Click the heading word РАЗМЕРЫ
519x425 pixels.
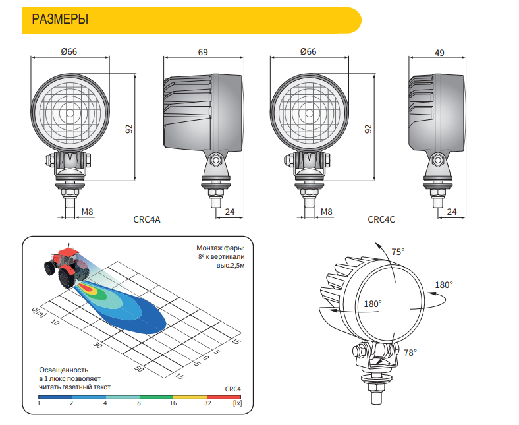tap(60, 19)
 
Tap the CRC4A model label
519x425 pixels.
tap(147, 219)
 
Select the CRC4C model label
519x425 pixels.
tap(381, 219)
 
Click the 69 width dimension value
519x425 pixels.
tap(203, 52)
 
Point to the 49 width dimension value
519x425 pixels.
tap(439, 53)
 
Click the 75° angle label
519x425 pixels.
tap(398, 252)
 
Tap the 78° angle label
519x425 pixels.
tap(410, 353)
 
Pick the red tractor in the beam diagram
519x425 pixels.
tap(67, 266)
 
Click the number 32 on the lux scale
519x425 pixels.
tap(207, 403)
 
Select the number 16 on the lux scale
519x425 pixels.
tap(173, 403)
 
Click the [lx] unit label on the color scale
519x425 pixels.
tap(237, 403)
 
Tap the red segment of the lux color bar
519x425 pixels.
tap(224, 397)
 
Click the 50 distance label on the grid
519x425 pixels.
tap(139, 368)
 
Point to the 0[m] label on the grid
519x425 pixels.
tap(39, 312)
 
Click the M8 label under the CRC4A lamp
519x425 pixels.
tap(87, 212)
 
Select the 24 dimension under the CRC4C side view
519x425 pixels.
tap(451, 212)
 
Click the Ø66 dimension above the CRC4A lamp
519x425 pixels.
tap(69, 51)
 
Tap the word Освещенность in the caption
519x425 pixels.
tap(63, 370)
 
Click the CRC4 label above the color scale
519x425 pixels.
tap(232, 389)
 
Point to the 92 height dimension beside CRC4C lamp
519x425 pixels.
tap(368, 129)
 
